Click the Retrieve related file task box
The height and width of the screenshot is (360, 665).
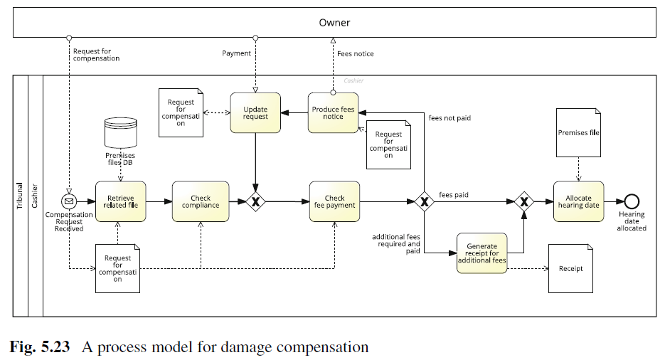coord(120,201)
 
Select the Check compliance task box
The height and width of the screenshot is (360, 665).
coord(201,201)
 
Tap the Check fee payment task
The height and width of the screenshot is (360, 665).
coord(334,201)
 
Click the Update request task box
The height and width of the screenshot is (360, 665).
coord(255,112)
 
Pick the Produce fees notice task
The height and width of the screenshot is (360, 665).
coord(332,112)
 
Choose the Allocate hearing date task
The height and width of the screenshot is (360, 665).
coord(578,201)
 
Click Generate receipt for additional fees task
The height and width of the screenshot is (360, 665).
coord(482,253)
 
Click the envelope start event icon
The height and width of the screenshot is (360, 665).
coord(69,201)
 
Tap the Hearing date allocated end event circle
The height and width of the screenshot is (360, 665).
coord(631,201)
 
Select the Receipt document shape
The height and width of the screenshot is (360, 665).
coord(570,268)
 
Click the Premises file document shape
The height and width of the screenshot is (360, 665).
coord(578,132)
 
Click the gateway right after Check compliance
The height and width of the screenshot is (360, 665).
coord(255,201)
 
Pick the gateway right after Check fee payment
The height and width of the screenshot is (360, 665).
coord(424,201)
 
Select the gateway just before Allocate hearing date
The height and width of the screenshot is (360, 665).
coord(524,201)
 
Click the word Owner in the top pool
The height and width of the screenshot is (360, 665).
coord(334,23)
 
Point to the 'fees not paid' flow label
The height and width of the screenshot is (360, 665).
coord(449,117)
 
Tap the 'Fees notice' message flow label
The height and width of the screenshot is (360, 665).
coord(355,53)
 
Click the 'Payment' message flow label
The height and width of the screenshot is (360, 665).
coord(236,53)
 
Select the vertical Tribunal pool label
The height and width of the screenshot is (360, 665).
coord(20,195)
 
